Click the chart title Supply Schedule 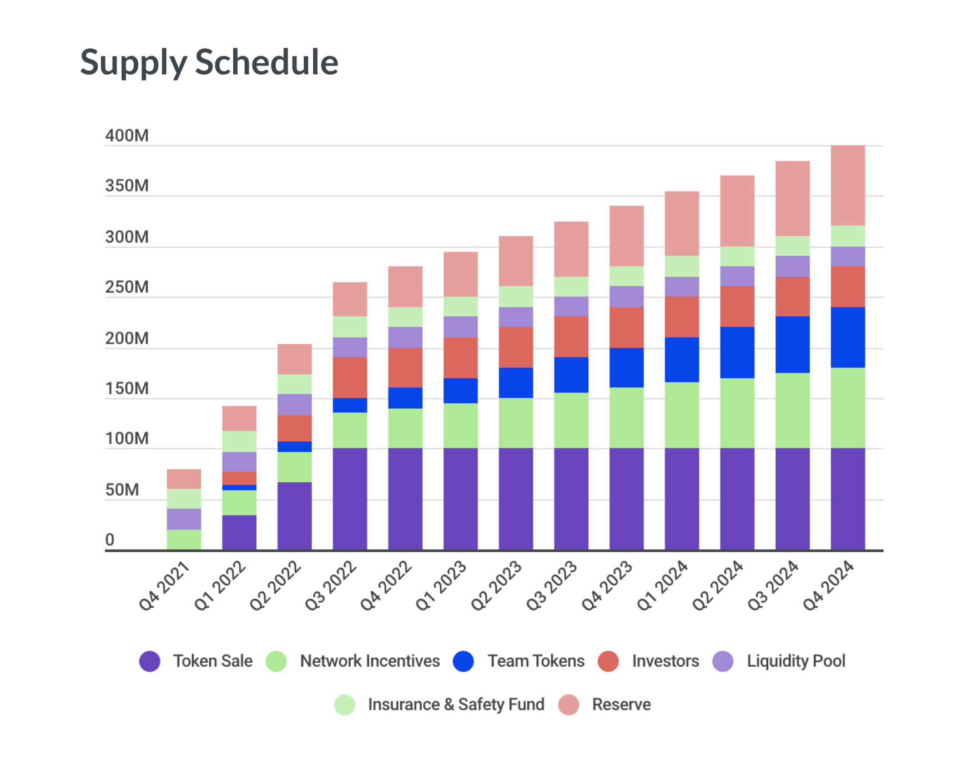point(209,62)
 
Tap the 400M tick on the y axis point(127,136)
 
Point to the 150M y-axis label point(127,389)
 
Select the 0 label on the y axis point(110,540)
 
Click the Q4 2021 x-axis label point(164,586)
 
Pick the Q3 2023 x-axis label point(552,586)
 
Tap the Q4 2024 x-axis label point(828,586)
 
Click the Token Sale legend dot point(150,661)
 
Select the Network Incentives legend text point(370,661)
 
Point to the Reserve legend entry point(621,704)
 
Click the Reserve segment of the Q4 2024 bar point(848,185)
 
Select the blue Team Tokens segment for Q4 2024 point(848,337)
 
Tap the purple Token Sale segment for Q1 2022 point(239,532)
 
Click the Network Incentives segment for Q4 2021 point(184,540)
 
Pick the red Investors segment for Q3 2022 point(350,377)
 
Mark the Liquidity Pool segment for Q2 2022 point(295,405)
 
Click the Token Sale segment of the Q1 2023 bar point(461,498)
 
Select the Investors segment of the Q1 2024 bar point(682,317)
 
